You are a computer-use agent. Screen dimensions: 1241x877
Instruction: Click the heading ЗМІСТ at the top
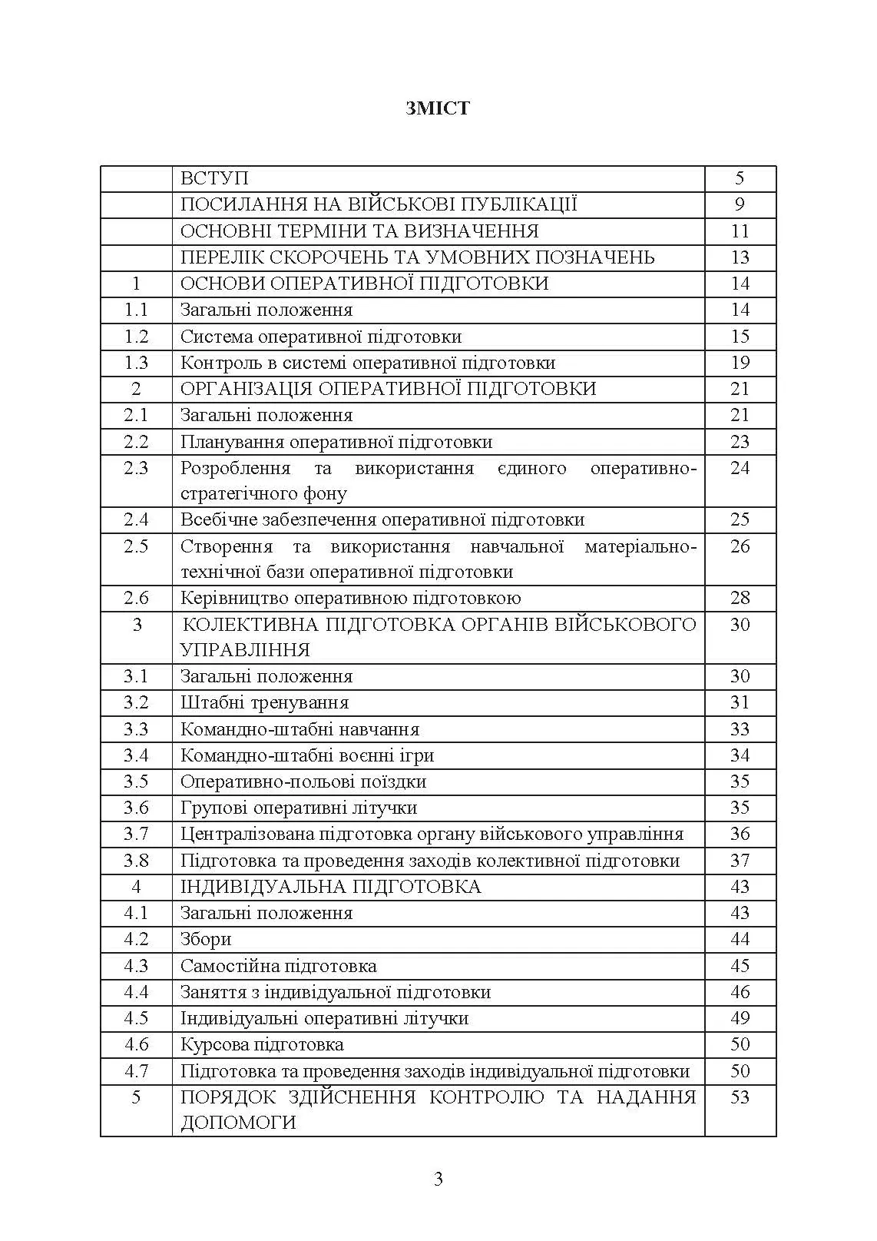pos(438,108)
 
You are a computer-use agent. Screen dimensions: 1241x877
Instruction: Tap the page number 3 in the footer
pos(438,1179)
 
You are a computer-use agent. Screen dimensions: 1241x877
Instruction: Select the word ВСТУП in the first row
pos(214,178)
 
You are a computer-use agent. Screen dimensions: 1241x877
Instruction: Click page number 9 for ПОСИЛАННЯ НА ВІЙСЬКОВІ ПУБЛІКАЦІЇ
pos(740,204)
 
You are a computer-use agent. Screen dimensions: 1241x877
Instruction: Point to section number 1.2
pos(136,337)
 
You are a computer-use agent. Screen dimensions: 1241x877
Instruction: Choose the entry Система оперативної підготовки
pos(321,337)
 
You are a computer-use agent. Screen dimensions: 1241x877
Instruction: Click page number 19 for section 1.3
pos(740,363)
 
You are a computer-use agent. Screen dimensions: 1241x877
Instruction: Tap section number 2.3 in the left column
pos(136,468)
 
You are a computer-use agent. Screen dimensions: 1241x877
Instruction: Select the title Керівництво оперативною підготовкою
pos(350,598)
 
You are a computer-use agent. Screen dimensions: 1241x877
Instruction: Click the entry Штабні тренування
pos(264,702)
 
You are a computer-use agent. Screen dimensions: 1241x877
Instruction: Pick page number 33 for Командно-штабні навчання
pos(740,729)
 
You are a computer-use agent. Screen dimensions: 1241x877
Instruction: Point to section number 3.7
pos(136,834)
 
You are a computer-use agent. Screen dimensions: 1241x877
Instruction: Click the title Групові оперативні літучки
pos(299,808)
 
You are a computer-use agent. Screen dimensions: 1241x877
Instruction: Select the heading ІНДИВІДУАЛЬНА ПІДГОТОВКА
pos(330,887)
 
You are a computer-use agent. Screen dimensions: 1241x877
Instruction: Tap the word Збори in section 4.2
pos(206,939)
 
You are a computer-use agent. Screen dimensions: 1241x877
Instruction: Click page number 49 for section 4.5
pos(740,1018)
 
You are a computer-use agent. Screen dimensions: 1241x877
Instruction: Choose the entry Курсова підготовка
pos(262,1044)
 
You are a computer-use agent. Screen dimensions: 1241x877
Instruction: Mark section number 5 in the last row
pos(136,1097)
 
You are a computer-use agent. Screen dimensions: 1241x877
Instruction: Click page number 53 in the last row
pos(740,1097)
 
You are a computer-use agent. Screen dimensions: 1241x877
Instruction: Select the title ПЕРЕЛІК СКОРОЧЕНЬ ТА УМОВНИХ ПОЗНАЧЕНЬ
pos(417,257)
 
